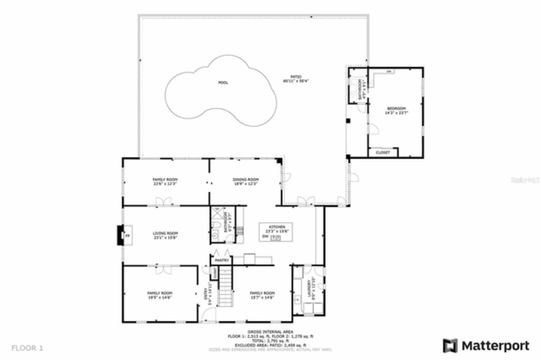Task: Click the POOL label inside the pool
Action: coord(223,83)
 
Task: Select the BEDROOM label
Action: coord(396,109)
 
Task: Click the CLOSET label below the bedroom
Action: coord(383,153)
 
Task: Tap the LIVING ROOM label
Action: coord(165,233)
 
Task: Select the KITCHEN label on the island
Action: coord(275,227)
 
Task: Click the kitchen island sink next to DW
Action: coord(276,238)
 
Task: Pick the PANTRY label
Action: coord(221,261)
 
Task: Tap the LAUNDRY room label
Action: coord(313,288)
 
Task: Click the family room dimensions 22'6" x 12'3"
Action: coord(165,184)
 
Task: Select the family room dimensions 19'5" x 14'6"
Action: coord(159,297)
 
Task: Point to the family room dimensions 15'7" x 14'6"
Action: coord(262,297)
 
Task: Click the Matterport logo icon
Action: coord(450,346)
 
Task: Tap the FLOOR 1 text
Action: coord(27,349)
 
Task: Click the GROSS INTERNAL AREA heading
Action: coord(270,332)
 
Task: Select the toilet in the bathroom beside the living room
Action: coord(216,224)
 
